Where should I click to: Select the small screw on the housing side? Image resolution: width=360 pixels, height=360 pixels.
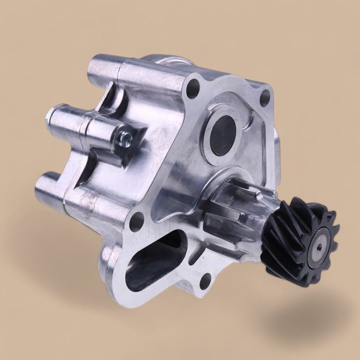point(123,137)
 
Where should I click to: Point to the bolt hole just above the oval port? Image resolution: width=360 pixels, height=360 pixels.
point(136,222)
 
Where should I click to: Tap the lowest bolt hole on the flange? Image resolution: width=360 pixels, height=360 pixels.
point(206,280)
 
